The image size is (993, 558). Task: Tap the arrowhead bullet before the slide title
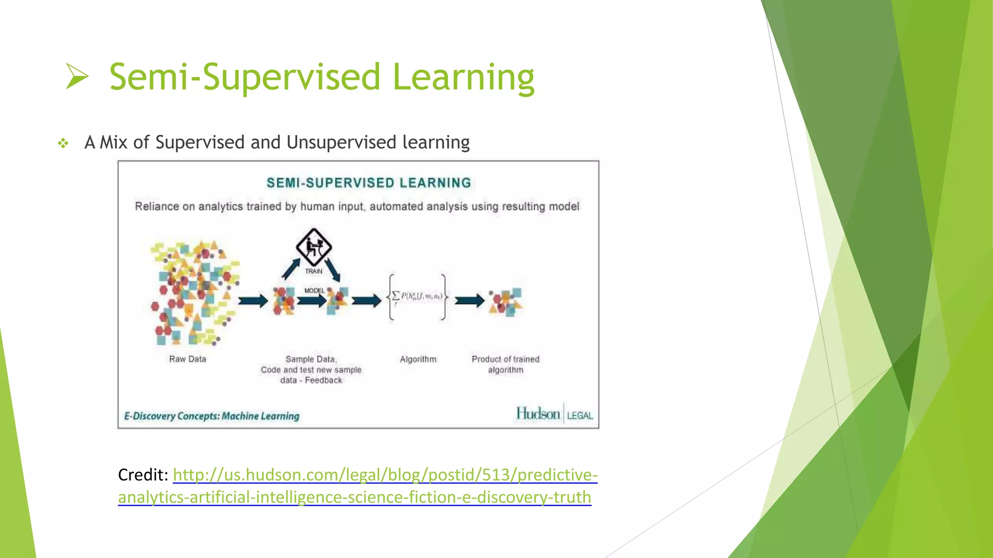[77, 77]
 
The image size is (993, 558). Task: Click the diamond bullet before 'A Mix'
[63, 143]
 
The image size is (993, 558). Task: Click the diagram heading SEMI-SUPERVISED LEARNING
[368, 183]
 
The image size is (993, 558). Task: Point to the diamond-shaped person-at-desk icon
[314, 247]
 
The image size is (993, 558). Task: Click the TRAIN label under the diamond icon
[314, 271]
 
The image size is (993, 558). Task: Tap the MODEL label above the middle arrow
[314, 291]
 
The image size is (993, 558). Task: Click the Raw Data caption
[188, 359]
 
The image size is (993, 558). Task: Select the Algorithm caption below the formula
[418, 359]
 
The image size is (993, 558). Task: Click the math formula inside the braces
[417, 296]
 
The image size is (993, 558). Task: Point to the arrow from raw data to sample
[253, 301]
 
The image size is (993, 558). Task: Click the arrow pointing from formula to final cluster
[469, 301]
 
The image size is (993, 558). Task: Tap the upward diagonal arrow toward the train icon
[291, 269]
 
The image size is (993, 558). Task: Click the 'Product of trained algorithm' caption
[505, 364]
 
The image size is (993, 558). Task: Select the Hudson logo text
[538, 414]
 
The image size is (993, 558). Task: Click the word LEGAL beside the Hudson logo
[580, 416]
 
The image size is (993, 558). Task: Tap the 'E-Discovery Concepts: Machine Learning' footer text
[212, 416]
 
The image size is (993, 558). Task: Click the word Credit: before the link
[143, 475]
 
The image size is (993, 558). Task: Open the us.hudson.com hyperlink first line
[384, 475]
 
